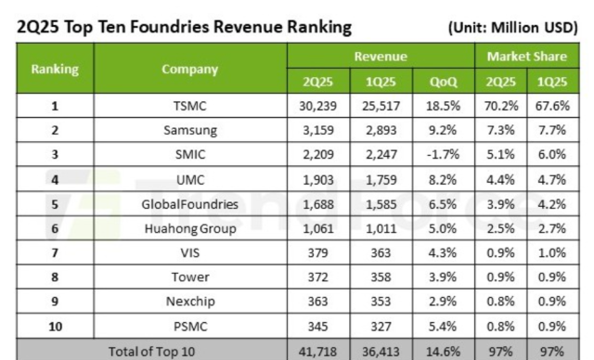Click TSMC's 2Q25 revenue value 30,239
(317, 106)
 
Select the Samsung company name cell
(190, 131)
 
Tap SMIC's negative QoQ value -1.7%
(443, 154)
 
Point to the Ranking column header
(55, 69)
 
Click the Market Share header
(527, 57)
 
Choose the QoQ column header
(444, 82)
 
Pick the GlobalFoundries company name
(189, 204)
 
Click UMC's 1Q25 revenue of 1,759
(381, 179)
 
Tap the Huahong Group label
(190, 229)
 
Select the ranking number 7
(55, 253)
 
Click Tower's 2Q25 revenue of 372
(317, 277)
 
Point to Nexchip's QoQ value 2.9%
(443, 302)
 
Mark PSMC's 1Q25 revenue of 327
(381, 327)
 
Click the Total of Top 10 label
(151, 352)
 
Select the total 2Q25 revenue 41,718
(317, 352)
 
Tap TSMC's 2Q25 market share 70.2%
(501, 106)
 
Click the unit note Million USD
(534, 28)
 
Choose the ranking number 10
(56, 327)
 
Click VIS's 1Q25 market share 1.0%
(552, 253)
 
